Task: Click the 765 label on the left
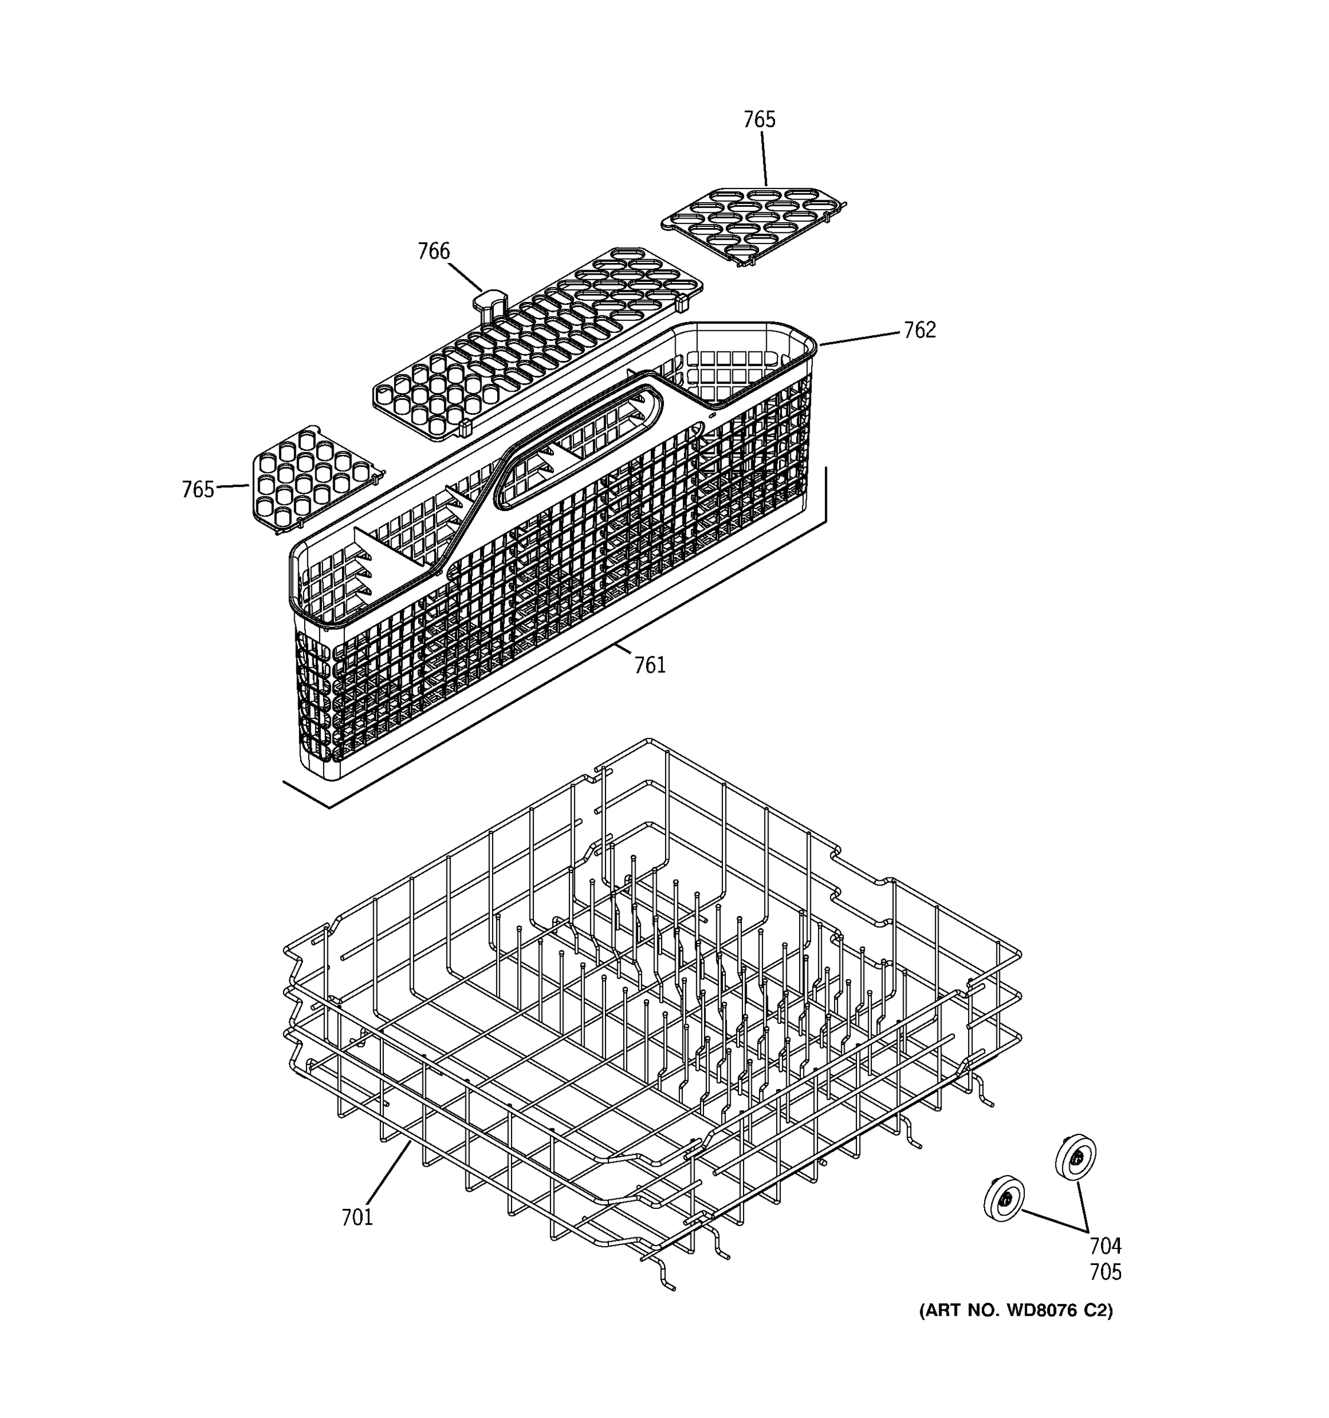(197, 489)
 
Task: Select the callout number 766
(434, 251)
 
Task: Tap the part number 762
(919, 330)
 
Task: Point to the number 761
(650, 665)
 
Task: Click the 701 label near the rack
(357, 1217)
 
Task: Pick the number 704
(1105, 1245)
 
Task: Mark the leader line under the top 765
(764, 158)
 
